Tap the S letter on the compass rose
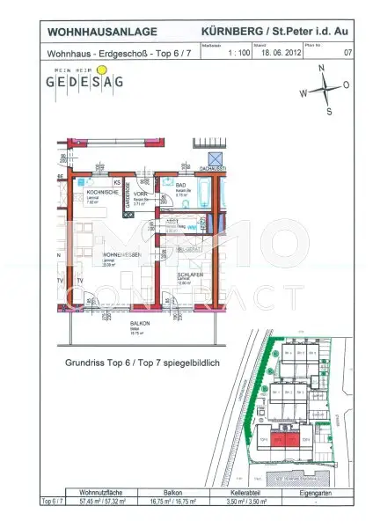click(x=328, y=112)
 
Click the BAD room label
click(x=180, y=185)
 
